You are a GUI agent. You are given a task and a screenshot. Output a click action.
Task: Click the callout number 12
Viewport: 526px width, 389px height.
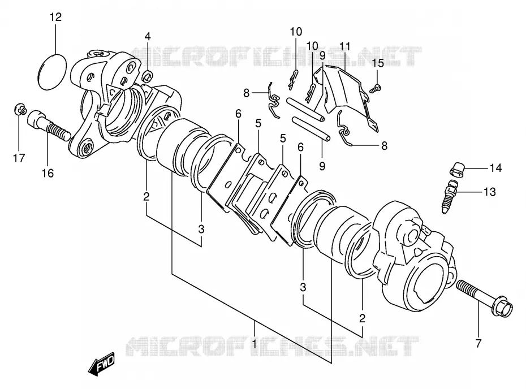coord(56,17)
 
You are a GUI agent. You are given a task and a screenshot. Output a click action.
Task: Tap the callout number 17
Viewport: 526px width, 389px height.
coord(19,158)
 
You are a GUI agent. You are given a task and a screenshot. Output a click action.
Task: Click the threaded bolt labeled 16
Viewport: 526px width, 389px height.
coord(49,126)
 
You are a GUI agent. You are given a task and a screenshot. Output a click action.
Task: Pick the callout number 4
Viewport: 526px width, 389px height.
coord(148,36)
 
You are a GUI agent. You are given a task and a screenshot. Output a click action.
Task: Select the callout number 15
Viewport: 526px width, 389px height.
coord(378,63)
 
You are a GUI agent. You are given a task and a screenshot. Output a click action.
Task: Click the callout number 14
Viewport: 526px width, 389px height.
coord(495,168)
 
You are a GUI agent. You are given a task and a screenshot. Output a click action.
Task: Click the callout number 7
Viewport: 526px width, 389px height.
coord(478,343)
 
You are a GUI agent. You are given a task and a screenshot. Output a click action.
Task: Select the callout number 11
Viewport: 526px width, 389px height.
coord(345,46)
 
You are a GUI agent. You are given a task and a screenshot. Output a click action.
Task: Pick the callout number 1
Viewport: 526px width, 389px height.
coord(254,343)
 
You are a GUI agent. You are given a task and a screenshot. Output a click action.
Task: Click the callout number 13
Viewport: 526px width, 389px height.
coord(489,192)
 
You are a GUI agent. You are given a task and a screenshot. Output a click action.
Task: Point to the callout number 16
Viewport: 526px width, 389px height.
coord(48,174)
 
